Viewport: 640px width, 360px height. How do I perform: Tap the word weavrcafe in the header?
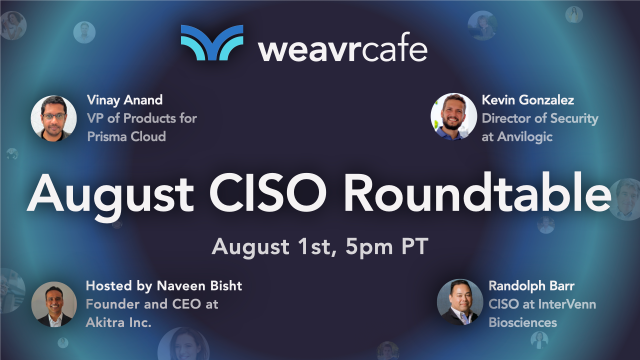point(342,49)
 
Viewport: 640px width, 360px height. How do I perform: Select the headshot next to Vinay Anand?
point(53,118)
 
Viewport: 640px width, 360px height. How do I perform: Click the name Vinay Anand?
point(124,100)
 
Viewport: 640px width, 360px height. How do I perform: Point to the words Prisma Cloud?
point(126,136)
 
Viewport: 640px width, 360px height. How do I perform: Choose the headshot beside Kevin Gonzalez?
point(453,116)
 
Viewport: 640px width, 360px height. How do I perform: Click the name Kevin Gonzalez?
point(527,100)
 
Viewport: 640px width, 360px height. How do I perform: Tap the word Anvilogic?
point(524,136)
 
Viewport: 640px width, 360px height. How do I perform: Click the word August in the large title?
point(110,194)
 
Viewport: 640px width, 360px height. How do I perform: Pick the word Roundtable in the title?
point(477,194)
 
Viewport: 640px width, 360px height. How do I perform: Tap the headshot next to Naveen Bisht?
point(54,304)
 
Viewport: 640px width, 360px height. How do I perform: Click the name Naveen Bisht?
point(199,285)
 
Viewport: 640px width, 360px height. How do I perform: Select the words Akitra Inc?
point(118,322)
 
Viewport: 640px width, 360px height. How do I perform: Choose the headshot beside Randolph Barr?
point(459,302)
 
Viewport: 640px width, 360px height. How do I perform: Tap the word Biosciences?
point(522,322)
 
